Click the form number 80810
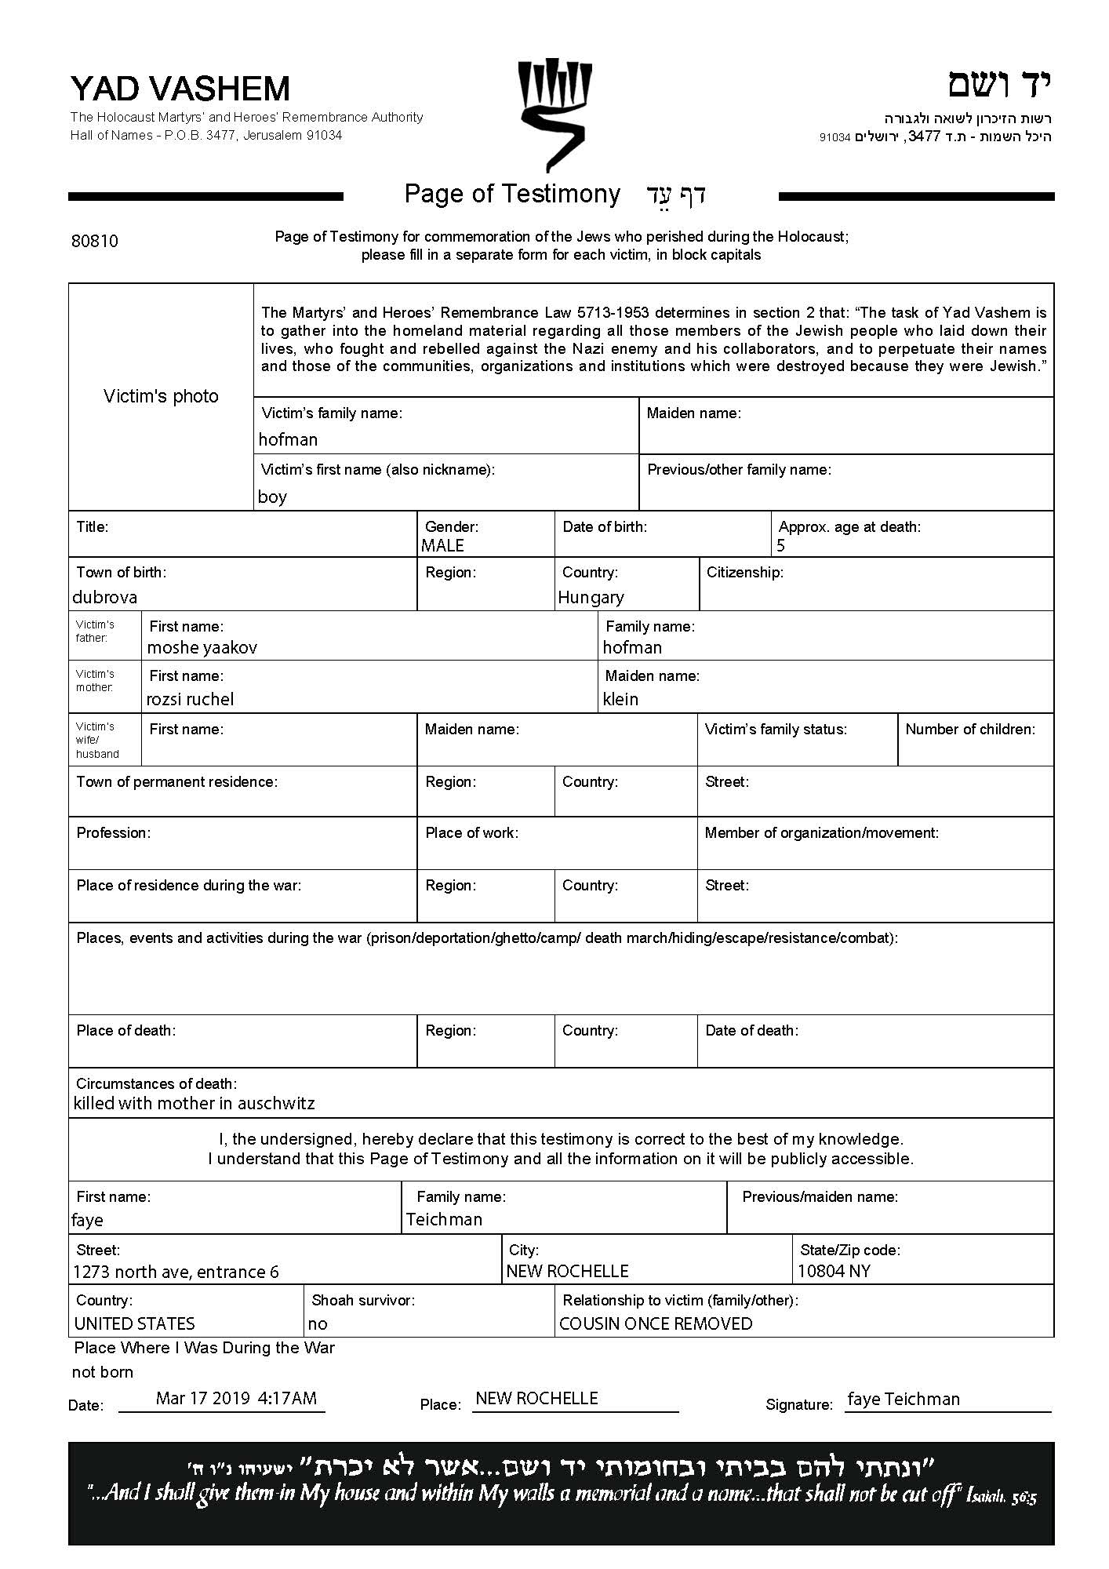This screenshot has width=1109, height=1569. (95, 241)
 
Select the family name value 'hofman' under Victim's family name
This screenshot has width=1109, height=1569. (288, 440)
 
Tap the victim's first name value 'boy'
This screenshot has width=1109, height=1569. (272, 497)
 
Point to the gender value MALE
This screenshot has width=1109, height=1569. (442, 545)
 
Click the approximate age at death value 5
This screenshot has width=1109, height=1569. (780, 545)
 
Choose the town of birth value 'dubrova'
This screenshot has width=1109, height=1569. (104, 597)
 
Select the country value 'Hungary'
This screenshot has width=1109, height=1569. (591, 598)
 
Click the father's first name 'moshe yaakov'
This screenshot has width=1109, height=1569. (202, 648)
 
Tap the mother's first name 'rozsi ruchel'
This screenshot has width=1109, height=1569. (190, 699)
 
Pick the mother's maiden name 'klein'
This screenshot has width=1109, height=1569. (620, 699)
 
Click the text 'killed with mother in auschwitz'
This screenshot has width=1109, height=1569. (194, 1104)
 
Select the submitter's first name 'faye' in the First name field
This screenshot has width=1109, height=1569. (87, 1220)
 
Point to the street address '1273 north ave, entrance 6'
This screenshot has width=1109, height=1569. (176, 1272)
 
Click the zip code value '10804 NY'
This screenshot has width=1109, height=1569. (834, 1271)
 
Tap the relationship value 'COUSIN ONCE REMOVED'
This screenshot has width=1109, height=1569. (656, 1323)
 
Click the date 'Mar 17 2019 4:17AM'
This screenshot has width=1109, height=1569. (236, 1398)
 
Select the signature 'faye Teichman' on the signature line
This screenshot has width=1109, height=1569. (904, 1399)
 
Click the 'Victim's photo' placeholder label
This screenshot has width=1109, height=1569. (161, 396)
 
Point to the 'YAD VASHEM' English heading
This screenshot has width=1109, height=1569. (180, 89)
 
